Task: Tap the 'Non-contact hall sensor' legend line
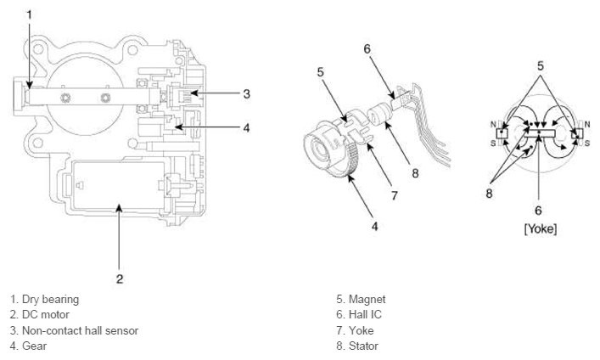[x=75, y=330]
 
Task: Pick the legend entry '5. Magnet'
[x=361, y=299]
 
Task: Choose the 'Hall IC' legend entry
[x=360, y=314]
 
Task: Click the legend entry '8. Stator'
[x=357, y=346]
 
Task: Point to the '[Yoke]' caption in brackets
[x=539, y=229]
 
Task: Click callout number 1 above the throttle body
[x=29, y=14]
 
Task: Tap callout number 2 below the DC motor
[x=120, y=278]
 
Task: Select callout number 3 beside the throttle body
[x=246, y=93]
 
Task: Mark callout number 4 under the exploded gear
[x=374, y=228]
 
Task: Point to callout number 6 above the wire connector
[x=367, y=48]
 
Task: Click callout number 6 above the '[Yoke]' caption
[x=538, y=210]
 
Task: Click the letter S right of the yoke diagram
[x=586, y=143]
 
